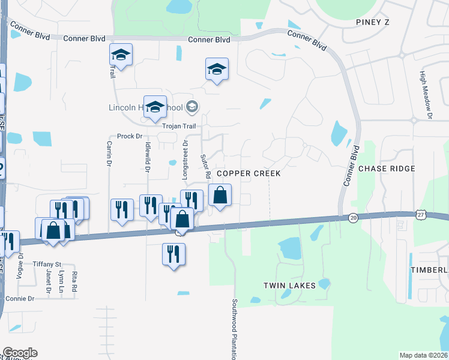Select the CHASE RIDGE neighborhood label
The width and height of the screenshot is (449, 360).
387,169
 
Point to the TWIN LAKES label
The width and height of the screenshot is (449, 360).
289,286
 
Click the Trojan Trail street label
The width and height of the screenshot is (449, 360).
179,126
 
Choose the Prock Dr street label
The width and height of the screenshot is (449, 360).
129,136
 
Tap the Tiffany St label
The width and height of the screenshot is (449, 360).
47,265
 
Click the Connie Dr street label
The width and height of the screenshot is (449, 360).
20,298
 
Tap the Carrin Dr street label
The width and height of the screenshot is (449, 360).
109,154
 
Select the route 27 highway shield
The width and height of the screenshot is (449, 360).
420,214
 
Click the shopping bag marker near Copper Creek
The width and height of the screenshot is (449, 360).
220,196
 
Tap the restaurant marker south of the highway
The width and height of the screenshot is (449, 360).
173,254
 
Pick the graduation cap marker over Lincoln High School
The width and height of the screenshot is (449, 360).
155,108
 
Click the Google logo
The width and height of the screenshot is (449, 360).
20,353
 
